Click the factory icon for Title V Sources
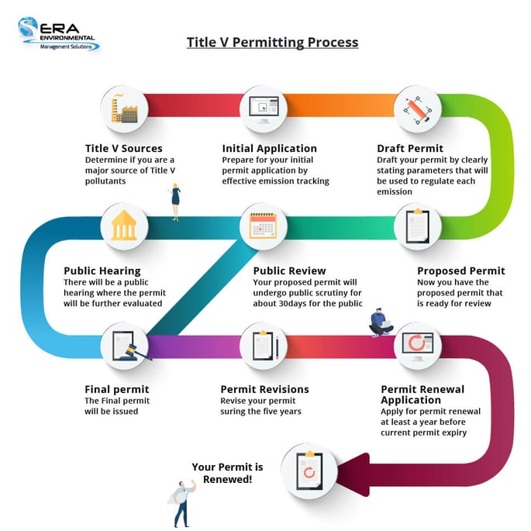(124, 109)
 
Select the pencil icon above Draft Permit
(418, 110)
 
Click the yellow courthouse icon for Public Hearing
(124, 226)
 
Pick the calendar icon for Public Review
(263, 226)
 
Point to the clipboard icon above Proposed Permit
(418, 226)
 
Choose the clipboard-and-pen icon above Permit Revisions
(265, 346)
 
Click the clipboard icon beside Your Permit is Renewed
(309, 471)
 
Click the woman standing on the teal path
(175, 202)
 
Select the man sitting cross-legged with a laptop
(381, 322)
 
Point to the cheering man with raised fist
(182, 504)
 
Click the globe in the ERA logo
(28, 26)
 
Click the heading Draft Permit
(410, 148)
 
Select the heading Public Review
(290, 271)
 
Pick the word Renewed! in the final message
(228, 479)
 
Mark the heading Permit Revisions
(265, 389)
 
